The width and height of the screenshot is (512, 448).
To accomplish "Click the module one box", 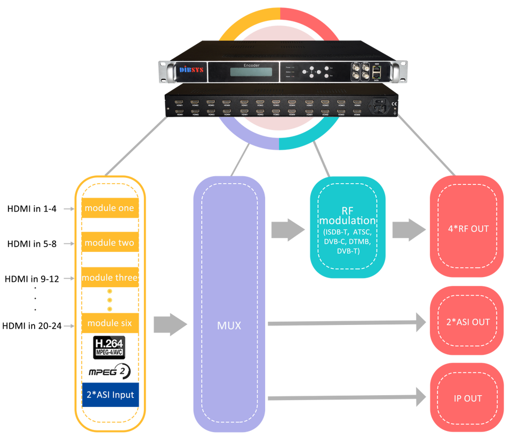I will click(109, 208).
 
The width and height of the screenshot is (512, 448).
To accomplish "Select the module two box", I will click(109, 243).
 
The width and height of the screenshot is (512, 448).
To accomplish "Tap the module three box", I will click(109, 278).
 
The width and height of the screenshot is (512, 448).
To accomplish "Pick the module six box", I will click(109, 323).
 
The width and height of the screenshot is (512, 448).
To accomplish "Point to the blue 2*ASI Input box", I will click(109, 395).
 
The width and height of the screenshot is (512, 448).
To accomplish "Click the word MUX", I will click(229, 325).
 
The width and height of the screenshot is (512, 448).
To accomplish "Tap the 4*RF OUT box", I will click(468, 230).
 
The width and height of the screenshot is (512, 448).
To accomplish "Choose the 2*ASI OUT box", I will click(468, 322).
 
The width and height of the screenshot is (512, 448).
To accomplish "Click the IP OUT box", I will click(468, 398).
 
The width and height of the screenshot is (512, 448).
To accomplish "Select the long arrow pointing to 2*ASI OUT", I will click(347, 322).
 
